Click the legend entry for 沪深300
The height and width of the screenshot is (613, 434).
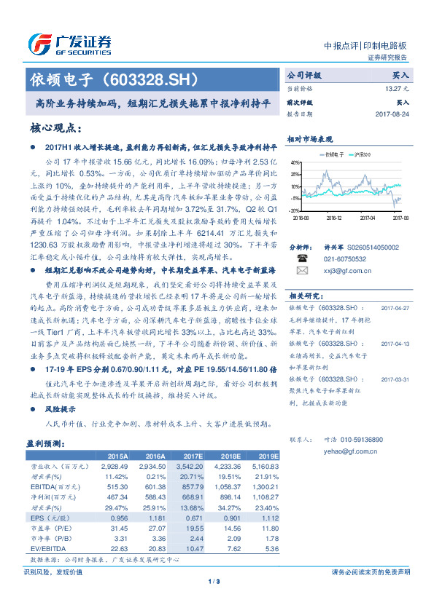pos(360,154)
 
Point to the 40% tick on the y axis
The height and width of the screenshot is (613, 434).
pos(294,162)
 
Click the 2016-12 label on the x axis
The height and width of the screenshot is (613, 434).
pos(334,216)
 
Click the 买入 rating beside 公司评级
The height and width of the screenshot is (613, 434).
pos(400,75)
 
